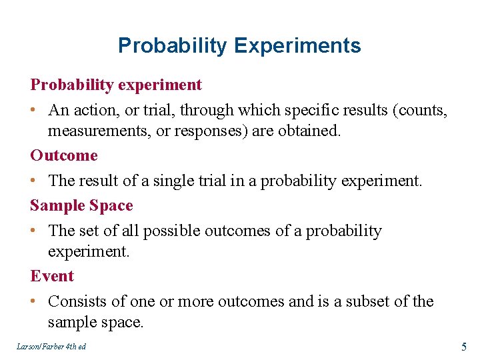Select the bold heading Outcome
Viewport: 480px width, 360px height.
point(64,155)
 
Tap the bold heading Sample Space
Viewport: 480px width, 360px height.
point(81,205)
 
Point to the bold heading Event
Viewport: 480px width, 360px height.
point(52,276)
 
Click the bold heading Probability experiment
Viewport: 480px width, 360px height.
point(116,85)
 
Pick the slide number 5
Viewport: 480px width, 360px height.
point(463,346)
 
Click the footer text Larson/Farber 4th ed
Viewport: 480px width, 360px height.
point(52,347)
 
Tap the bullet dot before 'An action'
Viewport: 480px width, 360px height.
point(34,111)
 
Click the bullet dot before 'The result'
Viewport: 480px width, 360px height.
point(34,181)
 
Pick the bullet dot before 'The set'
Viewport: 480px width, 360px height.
point(34,231)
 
